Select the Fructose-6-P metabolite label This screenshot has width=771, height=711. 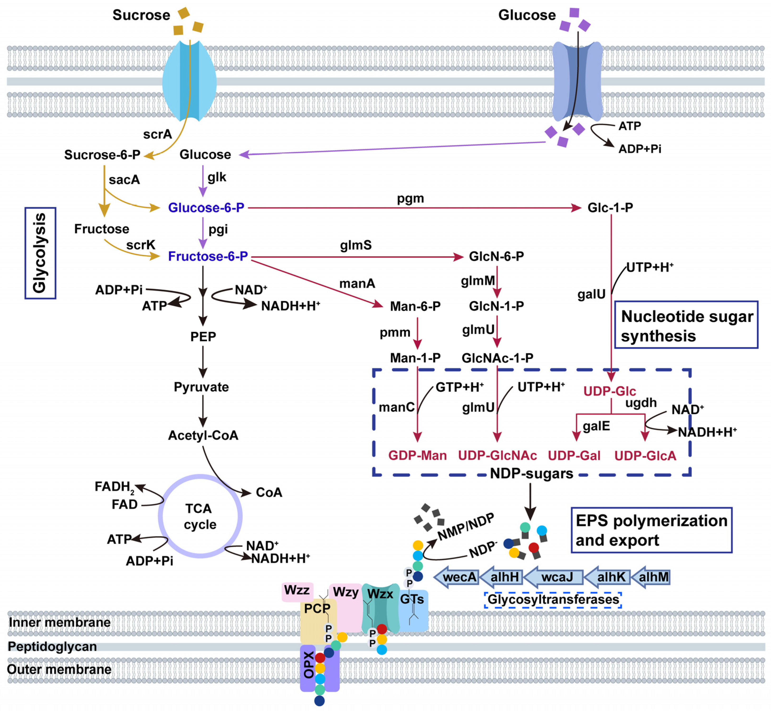coord(208,256)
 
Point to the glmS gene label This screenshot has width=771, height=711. coord(355,245)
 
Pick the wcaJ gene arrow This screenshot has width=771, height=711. coord(554,577)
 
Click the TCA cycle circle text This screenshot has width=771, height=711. coord(200,516)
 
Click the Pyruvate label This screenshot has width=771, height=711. coord(201,387)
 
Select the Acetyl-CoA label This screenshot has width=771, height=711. coord(203,435)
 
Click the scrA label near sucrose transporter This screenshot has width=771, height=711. coord(157,134)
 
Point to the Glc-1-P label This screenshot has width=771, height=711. coord(610,208)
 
